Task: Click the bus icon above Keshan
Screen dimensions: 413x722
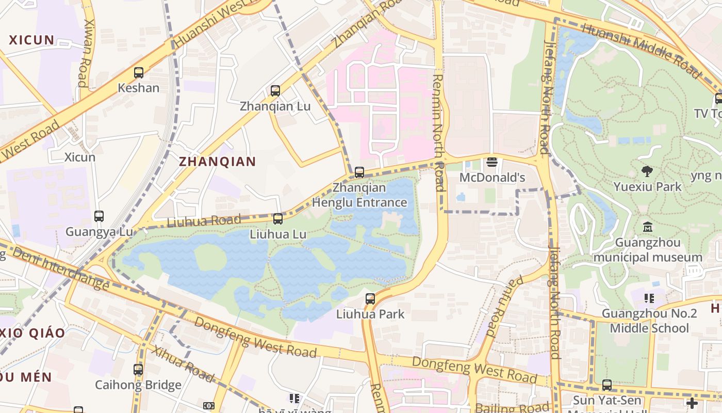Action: (x=139, y=73)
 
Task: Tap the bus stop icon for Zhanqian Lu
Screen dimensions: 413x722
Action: (x=275, y=91)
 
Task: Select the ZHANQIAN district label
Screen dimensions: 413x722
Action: (x=217, y=162)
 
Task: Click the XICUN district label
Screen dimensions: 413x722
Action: (x=31, y=40)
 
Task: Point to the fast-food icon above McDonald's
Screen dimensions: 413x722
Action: (x=492, y=163)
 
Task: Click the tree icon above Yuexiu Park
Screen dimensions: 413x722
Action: (x=647, y=171)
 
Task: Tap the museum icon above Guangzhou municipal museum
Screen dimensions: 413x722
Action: (x=648, y=227)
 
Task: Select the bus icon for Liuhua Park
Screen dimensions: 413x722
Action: (x=370, y=298)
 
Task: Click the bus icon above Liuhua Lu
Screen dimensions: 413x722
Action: (x=278, y=219)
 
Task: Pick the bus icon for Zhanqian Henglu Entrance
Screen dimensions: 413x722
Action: (x=359, y=172)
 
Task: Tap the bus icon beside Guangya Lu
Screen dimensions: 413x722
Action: (x=99, y=216)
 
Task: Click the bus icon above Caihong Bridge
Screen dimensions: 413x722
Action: (x=138, y=370)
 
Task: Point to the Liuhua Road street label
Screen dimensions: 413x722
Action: (x=204, y=221)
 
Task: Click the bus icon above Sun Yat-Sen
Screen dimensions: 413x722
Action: (x=607, y=385)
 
